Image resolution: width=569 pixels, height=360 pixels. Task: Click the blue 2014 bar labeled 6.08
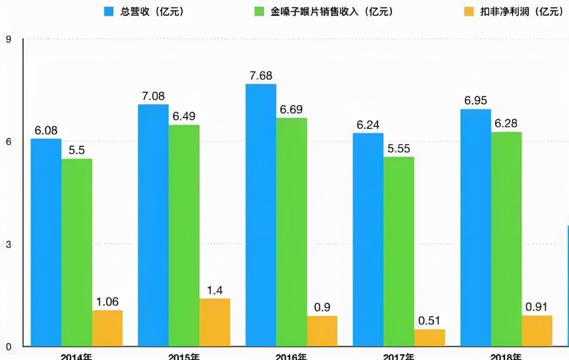[46, 242]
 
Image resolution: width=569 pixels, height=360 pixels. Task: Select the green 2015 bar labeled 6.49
[184, 235]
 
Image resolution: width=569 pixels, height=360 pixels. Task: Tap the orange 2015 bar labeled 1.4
[215, 323]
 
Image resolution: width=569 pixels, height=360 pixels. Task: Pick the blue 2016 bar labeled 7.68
[261, 215]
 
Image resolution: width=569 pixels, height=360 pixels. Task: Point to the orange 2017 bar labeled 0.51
[430, 338]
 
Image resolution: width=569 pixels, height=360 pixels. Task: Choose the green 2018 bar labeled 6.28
[506, 239]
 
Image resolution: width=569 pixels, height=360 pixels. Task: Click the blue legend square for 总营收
[109, 11]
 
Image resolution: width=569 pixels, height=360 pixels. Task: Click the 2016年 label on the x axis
[291, 356]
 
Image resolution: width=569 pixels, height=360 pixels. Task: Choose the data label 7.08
[153, 96]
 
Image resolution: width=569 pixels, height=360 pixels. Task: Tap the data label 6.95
[476, 100]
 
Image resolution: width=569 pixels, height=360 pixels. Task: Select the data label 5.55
[399, 148]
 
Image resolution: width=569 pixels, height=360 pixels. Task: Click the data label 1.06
[107, 301]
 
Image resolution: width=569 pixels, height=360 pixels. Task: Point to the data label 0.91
[537, 307]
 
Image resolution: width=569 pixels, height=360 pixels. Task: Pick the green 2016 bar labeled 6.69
[291, 232]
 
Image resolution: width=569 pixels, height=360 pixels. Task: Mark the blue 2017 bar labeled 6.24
[368, 240]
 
